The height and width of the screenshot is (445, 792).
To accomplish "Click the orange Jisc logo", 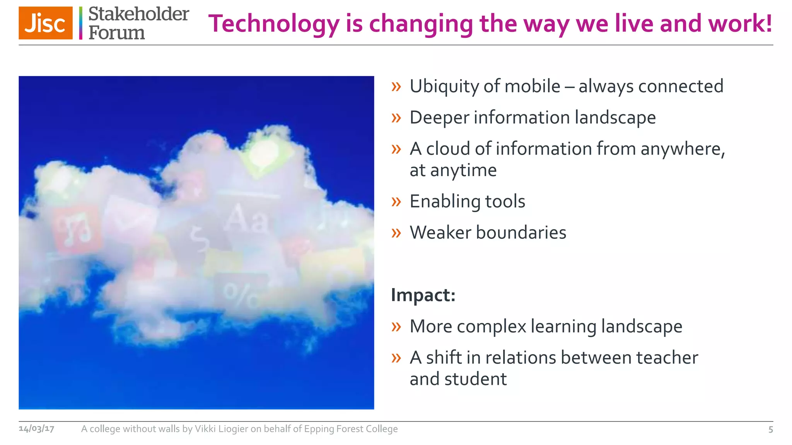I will point(46,23).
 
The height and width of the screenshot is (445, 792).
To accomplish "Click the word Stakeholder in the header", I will point(138,14).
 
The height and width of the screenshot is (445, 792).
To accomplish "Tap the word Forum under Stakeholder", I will point(116,33).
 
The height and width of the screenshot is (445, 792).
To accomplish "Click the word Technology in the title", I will point(274,24).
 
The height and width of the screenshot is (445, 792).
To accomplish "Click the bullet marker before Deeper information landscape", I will point(396,117).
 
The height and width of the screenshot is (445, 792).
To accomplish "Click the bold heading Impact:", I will point(423,295).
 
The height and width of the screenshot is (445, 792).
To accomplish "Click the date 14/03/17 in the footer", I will point(36,429).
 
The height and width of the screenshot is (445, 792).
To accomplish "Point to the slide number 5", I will point(770,430).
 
